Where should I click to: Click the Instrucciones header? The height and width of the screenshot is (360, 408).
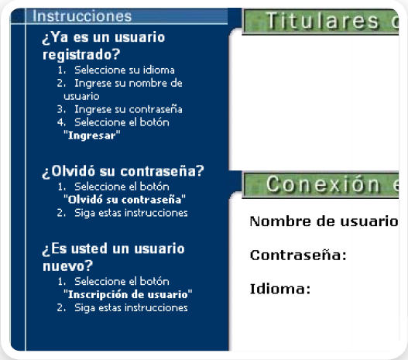click(83, 15)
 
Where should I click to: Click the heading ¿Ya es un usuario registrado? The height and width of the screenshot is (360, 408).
click(104, 46)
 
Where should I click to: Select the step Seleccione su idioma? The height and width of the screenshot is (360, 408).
click(124, 70)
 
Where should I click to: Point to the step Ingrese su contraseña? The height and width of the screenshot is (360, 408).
click(129, 109)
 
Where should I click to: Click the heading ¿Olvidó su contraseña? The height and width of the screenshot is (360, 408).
click(122, 171)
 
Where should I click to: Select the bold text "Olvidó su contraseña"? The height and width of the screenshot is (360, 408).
click(124, 200)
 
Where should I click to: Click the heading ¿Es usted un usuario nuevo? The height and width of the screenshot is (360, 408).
click(113, 257)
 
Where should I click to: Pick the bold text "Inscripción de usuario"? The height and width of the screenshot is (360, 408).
click(127, 294)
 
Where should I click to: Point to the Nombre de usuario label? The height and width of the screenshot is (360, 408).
click(324, 222)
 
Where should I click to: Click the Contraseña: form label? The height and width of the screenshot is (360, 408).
click(298, 255)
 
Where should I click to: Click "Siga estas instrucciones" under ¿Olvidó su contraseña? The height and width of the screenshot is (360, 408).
click(131, 213)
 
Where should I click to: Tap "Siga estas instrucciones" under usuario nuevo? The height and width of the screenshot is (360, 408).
click(131, 307)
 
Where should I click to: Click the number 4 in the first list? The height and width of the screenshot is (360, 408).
click(60, 122)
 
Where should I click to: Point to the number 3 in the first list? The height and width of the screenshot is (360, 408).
click(60, 109)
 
